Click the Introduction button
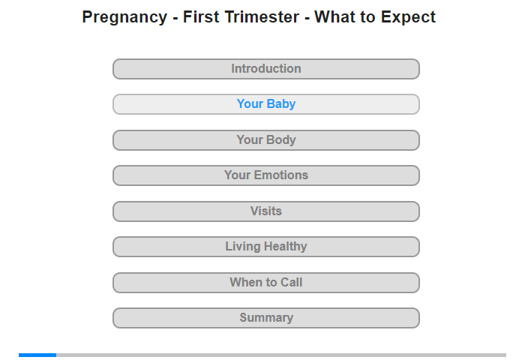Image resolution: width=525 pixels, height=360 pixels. [x=266, y=69]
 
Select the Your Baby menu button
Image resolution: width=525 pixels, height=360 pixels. [x=266, y=104]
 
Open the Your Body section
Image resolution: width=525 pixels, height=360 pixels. [x=266, y=140]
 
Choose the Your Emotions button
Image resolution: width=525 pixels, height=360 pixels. [x=266, y=175]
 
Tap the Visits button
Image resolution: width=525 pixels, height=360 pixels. [x=266, y=211]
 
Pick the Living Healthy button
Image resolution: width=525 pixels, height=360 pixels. [x=266, y=247]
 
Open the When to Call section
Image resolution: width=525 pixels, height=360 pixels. [x=266, y=283]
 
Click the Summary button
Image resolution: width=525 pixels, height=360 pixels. [x=266, y=318]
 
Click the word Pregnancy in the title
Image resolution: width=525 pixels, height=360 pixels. [x=124, y=17]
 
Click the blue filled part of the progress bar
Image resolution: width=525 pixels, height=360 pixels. [x=37, y=355]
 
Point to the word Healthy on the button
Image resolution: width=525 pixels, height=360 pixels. [x=285, y=247]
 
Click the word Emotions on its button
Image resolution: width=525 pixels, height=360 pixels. [x=281, y=175]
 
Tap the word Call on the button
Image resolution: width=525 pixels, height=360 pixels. [x=291, y=282]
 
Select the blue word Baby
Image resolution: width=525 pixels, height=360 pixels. [x=281, y=104]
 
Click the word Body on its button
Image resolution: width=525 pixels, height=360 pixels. [x=281, y=140]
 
